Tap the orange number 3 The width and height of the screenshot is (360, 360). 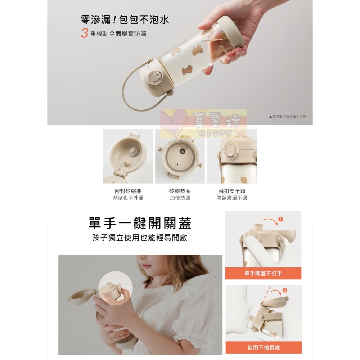coord(85,33)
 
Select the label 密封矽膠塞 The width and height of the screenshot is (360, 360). coord(128,191)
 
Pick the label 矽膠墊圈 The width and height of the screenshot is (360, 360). coord(180,191)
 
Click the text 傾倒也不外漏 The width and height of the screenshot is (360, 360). coord(128,198)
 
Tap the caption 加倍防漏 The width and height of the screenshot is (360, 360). coord(180,198)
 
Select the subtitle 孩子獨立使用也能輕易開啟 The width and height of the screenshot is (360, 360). coord(140,238)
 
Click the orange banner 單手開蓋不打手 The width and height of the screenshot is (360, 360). coord(263,274)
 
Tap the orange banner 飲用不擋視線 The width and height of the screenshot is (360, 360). coord(263,348)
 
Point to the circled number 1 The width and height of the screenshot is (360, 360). coord(281,219)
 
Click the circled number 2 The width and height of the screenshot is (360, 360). coord(285,290)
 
